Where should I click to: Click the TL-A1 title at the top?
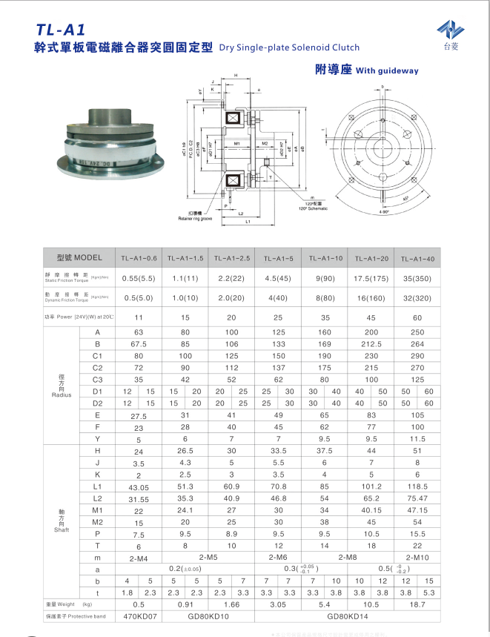point(61,30)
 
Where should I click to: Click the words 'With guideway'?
point(387,71)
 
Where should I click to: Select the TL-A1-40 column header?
point(418,259)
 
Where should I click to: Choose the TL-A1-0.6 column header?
point(139,259)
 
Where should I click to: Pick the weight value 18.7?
point(418,604)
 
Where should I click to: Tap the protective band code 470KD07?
point(139,616)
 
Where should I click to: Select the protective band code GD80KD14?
point(348,616)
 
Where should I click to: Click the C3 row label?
point(97,379)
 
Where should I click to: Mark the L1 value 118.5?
point(418,486)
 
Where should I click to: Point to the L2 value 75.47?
point(418,498)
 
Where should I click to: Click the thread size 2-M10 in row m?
point(418,557)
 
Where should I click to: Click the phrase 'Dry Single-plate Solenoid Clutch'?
point(289,47)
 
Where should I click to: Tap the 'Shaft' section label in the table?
point(62,530)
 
